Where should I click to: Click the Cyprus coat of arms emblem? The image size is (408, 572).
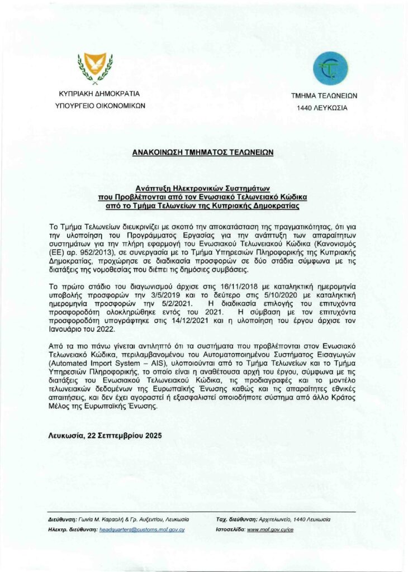(94, 66)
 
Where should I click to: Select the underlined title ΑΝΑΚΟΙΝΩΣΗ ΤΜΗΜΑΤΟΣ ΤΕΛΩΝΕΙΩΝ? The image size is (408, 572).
(202, 152)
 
